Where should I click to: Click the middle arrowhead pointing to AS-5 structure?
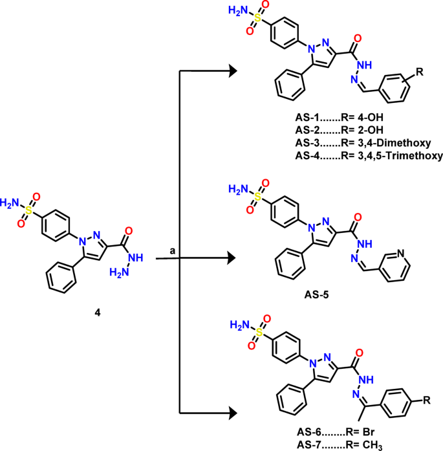[231, 258]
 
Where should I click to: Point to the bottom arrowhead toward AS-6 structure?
[231, 411]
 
